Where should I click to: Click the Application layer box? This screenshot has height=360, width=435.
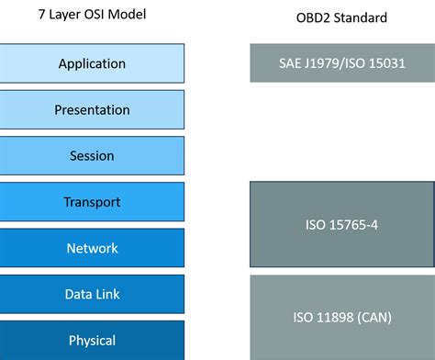92,63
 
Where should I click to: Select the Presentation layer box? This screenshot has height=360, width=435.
92,109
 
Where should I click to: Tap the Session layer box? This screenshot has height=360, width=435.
92,155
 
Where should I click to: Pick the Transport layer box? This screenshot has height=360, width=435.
92,202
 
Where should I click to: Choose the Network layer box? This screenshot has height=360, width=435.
92,248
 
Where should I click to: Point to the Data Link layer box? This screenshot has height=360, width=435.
92,294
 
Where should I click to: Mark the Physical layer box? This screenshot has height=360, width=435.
92,340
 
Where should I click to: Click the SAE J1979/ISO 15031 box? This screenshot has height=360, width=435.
340,63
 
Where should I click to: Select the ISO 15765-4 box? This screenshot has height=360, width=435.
340,225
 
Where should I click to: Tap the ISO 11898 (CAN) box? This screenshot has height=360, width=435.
340,317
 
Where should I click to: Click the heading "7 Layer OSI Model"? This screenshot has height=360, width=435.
91,15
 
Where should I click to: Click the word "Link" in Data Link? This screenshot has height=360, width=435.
107,294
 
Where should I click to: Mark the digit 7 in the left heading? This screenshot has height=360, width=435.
40,15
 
